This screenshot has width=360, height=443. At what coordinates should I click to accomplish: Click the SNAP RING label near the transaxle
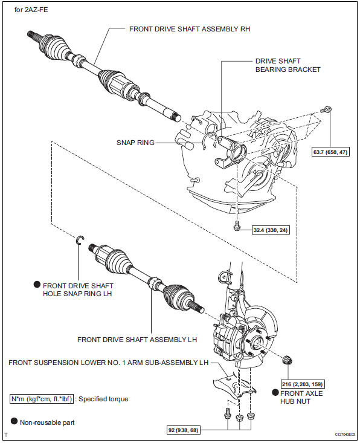click(x=135, y=143)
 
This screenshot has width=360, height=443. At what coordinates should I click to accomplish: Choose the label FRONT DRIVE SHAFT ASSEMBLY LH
click(x=137, y=340)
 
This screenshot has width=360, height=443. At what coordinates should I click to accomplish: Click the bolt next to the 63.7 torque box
click(x=327, y=110)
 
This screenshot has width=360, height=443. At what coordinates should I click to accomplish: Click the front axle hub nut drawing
click(x=287, y=361)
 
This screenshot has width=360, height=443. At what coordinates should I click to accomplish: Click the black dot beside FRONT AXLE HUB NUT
click(x=275, y=392)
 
